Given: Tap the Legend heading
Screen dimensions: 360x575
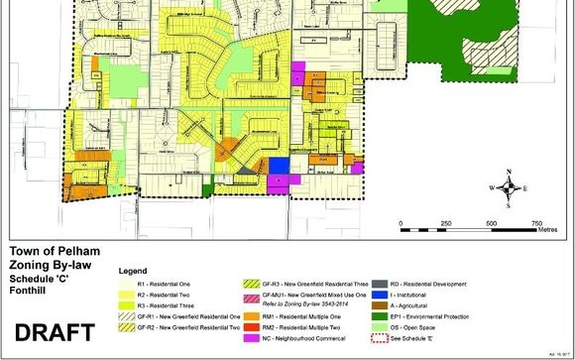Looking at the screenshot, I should coord(135,270).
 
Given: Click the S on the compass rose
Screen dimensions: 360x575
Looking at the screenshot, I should coord(508,206).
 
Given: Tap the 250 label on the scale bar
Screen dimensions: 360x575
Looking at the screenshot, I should coord(445,223).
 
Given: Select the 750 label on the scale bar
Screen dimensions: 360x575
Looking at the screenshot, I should coord(537,223).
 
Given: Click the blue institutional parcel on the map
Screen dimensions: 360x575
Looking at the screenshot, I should coord(280,165).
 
